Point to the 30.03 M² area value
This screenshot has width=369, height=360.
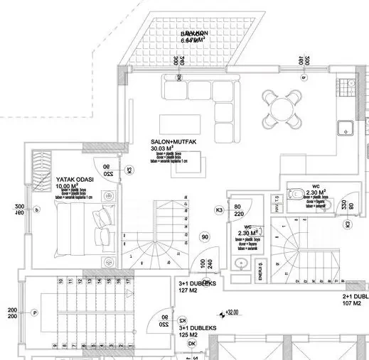click(164, 148)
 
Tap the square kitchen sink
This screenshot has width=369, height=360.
click(345, 129)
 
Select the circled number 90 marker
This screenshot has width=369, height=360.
click(205, 237)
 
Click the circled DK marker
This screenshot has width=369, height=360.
click(192, 344)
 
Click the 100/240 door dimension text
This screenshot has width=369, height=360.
click(206, 266)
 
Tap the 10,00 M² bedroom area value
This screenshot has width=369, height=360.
click(67, 187)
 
